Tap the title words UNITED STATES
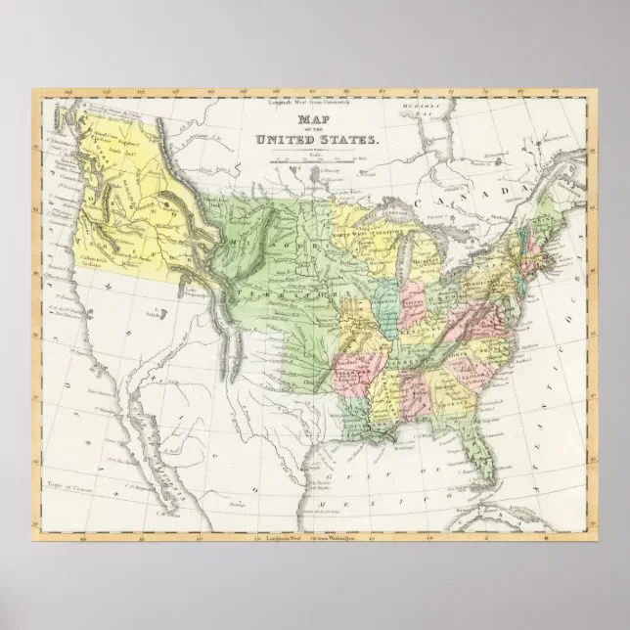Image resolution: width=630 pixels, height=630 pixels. [x=315, y=141]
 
